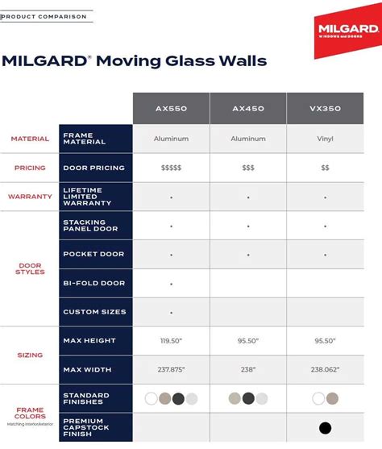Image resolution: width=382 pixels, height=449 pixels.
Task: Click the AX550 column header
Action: (171, 108)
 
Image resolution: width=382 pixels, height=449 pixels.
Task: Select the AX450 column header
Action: (248, 108)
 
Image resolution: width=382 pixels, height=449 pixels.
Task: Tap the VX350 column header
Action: (325, 108)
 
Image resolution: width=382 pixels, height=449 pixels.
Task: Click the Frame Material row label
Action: (81, 139)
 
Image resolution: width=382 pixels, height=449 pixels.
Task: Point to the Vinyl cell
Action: (325, 139)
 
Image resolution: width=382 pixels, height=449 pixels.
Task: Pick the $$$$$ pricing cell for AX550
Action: (171, 168)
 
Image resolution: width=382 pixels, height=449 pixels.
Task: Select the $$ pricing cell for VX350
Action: (325, 168)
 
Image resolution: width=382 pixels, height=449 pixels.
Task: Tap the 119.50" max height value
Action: (171, 341)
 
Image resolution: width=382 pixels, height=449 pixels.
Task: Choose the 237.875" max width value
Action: (171, 369)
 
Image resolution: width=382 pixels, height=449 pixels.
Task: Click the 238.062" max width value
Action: (325, 369)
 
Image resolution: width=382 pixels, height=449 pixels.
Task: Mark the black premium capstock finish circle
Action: (325, 427)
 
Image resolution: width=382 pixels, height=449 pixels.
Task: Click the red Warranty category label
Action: (30, 197)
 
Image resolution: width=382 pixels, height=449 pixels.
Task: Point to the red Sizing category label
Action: (30, 355)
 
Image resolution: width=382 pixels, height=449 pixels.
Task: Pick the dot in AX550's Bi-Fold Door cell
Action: (171, 284)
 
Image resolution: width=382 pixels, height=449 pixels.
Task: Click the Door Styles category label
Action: (30, 268)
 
